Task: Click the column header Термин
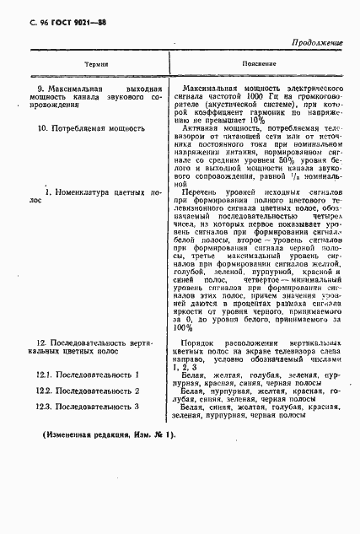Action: point(84,64)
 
